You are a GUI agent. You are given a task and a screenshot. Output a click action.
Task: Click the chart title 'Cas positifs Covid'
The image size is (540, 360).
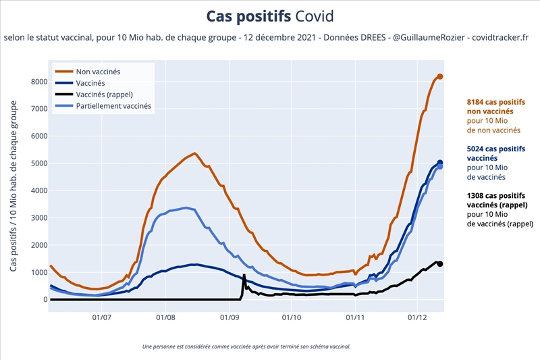pyautogui.click(x=270, y=16)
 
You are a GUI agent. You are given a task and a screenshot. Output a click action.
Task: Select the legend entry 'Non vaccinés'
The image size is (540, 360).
pyautogui.click(x=99, y=70)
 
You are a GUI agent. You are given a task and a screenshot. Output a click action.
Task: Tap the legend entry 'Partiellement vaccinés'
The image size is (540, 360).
pyautogui.click(x=114, y=106)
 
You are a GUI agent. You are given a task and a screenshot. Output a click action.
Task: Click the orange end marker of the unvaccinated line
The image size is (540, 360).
pyautogui.click(x=440, y=76)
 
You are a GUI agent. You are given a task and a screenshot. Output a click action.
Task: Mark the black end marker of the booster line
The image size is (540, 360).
pyautogui.click(x=440, y=264)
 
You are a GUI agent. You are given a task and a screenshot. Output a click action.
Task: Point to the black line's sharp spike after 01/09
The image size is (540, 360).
pyautogui.click(x=244, y=276)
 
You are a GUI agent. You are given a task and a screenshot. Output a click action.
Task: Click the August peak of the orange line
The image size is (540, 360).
pyautogui.click(x=194, y=153)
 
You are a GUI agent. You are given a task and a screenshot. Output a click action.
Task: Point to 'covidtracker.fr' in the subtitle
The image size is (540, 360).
pyautogui.click(x=500, y=38)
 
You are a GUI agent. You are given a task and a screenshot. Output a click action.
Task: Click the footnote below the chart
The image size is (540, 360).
pyautogui.click(x=246, y=346)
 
